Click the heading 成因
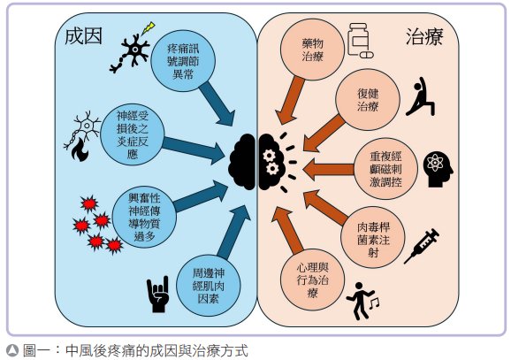(x=84, y=36)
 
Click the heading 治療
(x=424, y=36)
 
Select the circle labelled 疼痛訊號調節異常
(x=183, y=61)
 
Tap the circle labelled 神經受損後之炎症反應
(x=133, y=134)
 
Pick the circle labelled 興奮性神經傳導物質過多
(x=144, y=217)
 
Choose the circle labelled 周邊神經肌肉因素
(x=209, y=286)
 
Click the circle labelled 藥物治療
(x=312, y=50)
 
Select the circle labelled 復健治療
(x=368, y=100)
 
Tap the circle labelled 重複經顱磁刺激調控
(x=385, y=169)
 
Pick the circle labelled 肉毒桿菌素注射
(x=373, y=239)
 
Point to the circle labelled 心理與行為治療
(x=313, y=280)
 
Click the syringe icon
(x=422, y=246)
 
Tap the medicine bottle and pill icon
(x=360, y=41)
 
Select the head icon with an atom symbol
(x=438, y=169)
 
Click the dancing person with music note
(x=362, y=301)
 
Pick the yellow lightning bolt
(x=148, y=28)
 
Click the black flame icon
(x=80, y=149)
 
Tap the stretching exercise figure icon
(x=421, y=96)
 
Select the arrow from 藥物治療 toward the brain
(x=290, y=100)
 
